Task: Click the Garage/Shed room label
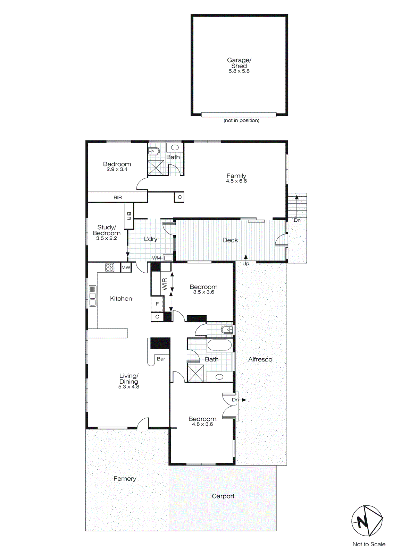(x=239, y=63)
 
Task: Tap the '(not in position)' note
(x=241, y=120)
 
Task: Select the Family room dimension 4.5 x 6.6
(x=236, y=181)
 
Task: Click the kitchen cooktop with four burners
(x=110, y=267)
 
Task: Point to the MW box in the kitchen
(x=126, y=267)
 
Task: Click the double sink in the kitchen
(x=92, y=296)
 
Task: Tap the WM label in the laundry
(x=157, y=258)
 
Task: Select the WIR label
(x=165, y=284)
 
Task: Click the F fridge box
(x=157, y=304)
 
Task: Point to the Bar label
(x=161, y=359)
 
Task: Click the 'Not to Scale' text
(x=369, y=544)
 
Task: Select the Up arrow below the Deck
(x=246, y=258)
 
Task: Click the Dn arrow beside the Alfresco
(x=244, y=400)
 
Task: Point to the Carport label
(x=223, y=496)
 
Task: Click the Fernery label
(x=125, y=479)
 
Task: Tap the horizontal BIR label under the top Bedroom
(x=118, y=197)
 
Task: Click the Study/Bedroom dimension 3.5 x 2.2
(x=107, y=238)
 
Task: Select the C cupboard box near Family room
(x=179, y=197)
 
